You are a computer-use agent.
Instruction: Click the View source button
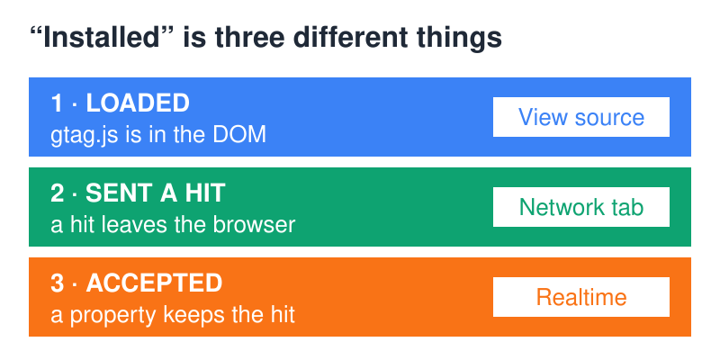tap(580, 117)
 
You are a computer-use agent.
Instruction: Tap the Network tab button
tap(580, 207)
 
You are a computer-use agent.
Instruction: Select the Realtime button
tap(580, 297)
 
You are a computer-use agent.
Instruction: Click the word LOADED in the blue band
tap(138, 103)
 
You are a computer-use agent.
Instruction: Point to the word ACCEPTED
tap(154, 283)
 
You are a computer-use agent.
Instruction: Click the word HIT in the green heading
tap(205, 193)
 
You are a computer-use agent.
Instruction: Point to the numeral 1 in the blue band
tap(56, 103)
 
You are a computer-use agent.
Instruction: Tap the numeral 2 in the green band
tap(57, 193)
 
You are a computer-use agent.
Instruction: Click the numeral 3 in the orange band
tap(57, 283)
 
